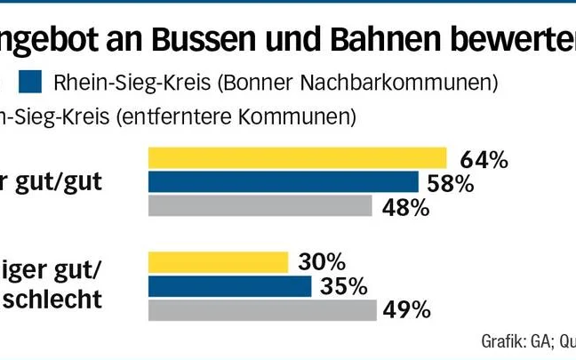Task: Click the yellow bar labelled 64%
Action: click(297, 158)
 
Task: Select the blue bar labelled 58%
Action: click(283, 182)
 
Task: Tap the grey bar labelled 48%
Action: click(260, 205)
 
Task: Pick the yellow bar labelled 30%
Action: click(218, 262)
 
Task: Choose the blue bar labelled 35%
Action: click(229, 286)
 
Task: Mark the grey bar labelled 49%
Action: click(261, 309)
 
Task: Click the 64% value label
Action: click(484, 160)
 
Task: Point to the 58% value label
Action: click(450, 184)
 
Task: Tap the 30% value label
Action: click(321, 262)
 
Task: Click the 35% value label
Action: click(344, 286)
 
